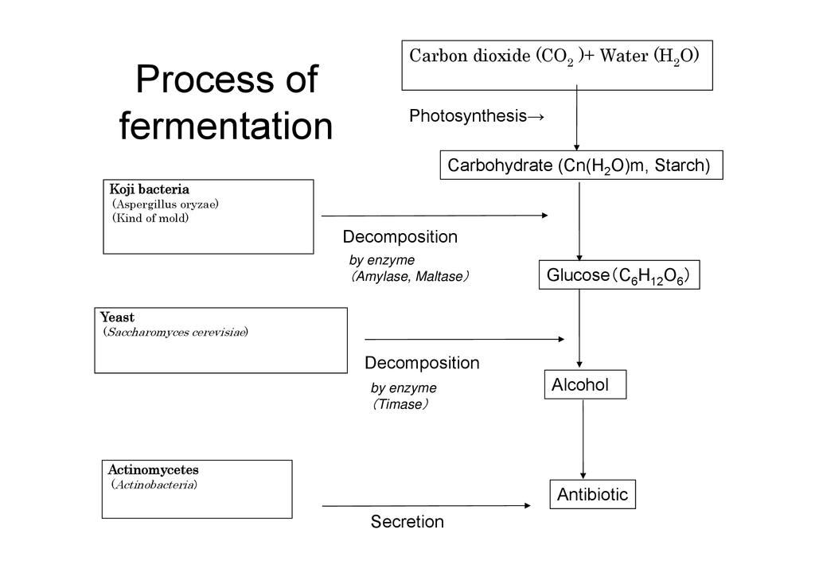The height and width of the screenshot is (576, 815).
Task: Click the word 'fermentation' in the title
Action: [225, 126]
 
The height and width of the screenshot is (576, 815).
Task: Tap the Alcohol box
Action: [585, 385]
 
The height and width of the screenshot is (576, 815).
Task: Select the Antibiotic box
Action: [593, 494]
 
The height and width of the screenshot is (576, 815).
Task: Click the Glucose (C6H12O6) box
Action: [618, 275]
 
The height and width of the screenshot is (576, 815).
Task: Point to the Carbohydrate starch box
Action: [580, 165]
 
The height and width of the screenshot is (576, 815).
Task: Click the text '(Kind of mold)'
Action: [150, 218]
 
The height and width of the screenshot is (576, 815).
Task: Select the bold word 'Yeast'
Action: [117, 317]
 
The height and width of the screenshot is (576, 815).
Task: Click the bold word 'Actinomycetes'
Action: [153, 470]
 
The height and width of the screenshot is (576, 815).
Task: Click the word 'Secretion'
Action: [407, 523]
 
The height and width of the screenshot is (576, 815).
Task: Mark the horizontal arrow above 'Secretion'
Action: [426, 505]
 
